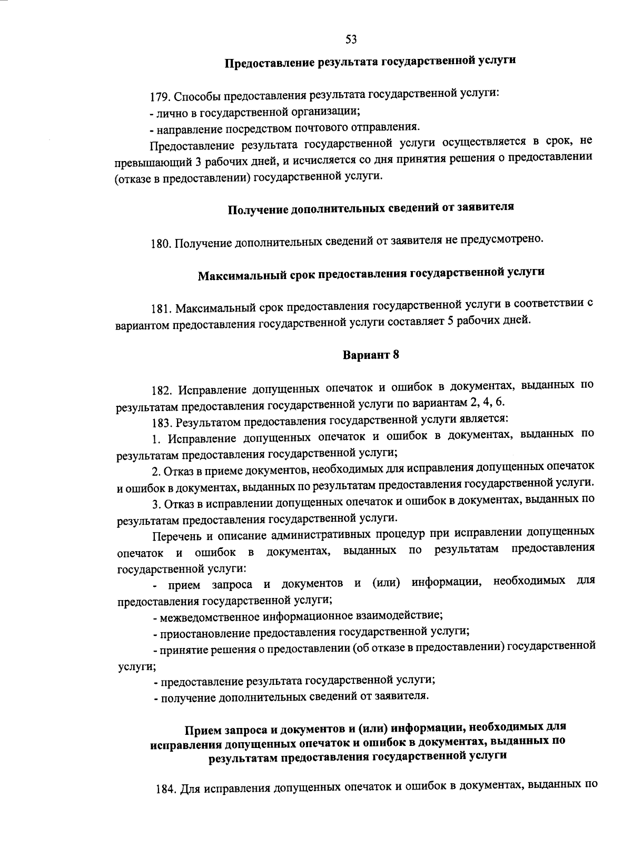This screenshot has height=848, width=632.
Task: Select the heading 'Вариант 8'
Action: click(x=371, y=355)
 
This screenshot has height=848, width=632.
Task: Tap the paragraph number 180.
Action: click(x=161, y=243)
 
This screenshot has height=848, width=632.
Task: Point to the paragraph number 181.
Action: click(x=161, y=307)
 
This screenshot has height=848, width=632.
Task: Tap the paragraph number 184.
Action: click(x=167, y=790)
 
